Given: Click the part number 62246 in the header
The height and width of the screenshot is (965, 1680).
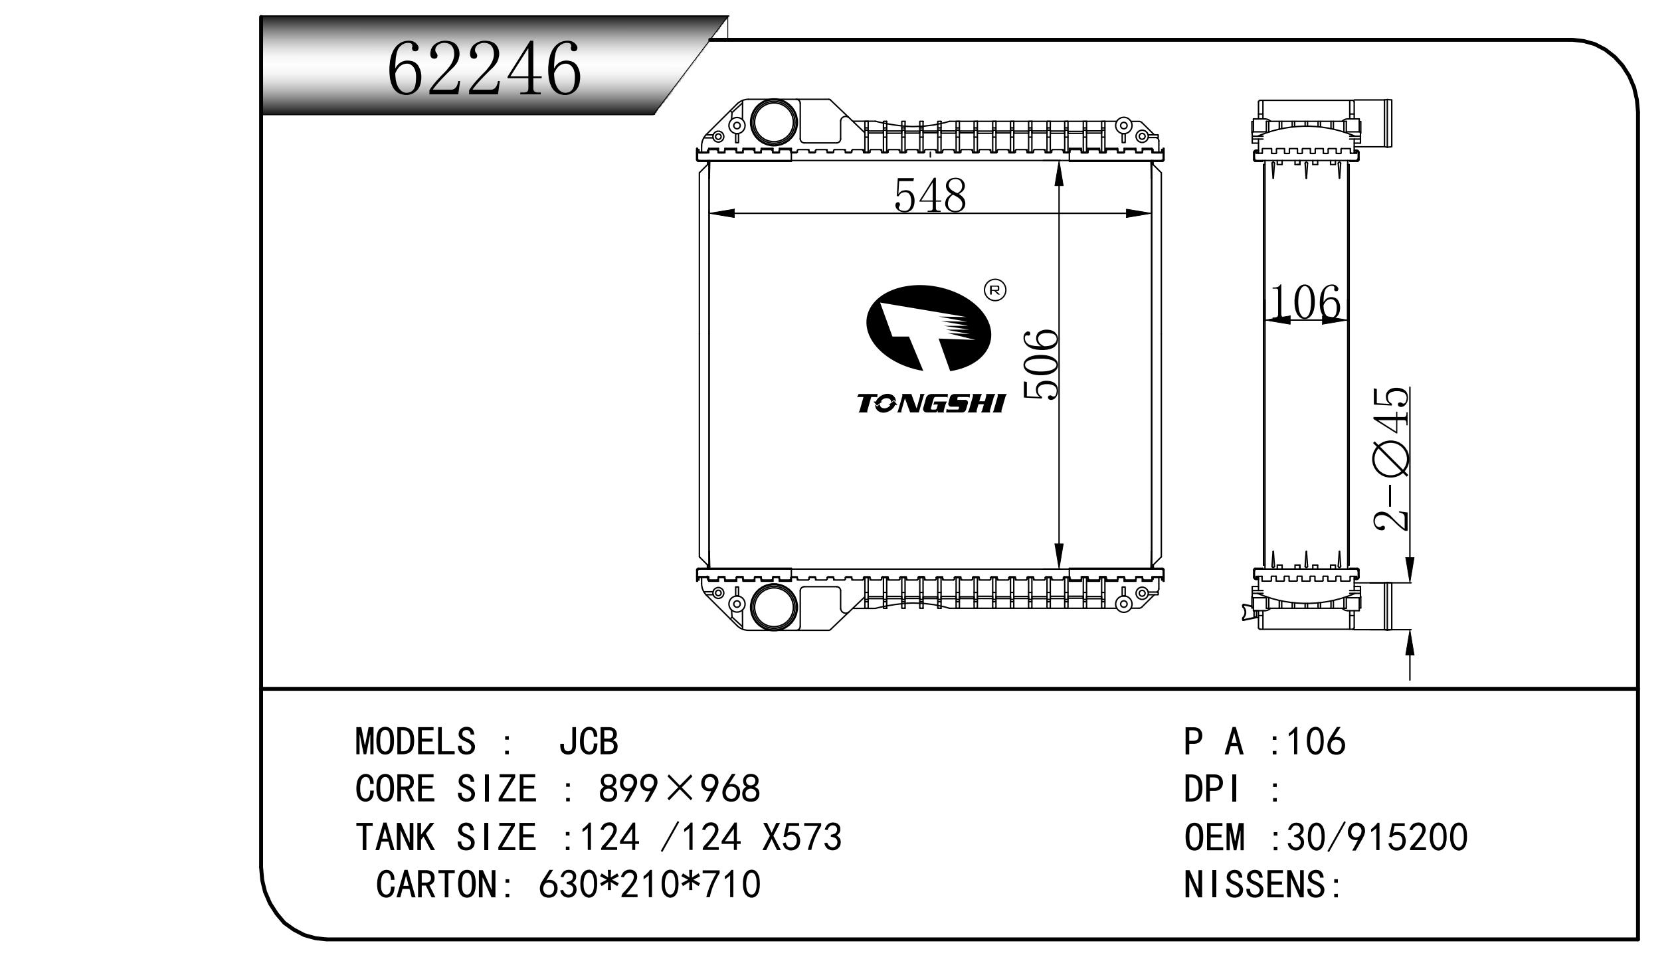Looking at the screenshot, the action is tap(484, 68).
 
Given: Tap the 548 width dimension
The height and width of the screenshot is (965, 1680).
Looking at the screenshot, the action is tap(930, 195).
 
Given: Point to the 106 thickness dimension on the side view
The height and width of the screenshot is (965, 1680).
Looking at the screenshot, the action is tap(1305, 303).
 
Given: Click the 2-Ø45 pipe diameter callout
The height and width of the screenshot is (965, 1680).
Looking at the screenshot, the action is tap(1391, 459).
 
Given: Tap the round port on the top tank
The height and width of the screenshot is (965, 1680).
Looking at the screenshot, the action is tap(773, 122).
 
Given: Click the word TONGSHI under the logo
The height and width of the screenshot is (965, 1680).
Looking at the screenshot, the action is tap(931, 403).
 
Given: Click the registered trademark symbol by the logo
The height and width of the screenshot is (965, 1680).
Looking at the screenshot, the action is tap(994, 290).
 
